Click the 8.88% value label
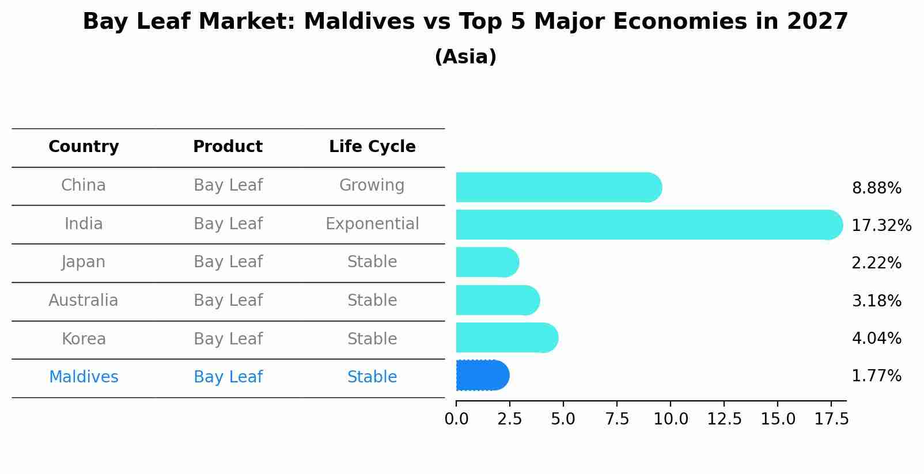876,188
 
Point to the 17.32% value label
881,225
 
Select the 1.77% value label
876,376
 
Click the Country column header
84,147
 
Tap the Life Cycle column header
372,147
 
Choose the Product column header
228,147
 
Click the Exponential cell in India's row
372,224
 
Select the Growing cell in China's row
372,185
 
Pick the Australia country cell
84,301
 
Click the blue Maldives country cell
84,377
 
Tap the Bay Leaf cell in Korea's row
228,339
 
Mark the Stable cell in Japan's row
372,262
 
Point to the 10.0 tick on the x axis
671,419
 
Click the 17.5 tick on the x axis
831,419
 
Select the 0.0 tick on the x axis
456,419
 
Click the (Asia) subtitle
465,57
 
